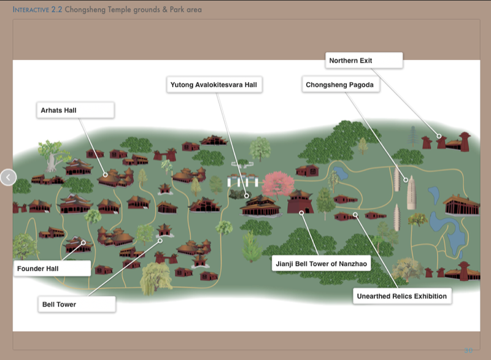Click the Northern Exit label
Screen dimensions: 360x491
pyautogui.click(x=363, y=61)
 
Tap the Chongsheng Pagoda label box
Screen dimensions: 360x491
pyautogui.click(x=341, y=85)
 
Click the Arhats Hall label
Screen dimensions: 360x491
pyautogui.click(x=75, y=110)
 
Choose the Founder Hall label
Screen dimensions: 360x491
pyautogui.click(x=52, y=268)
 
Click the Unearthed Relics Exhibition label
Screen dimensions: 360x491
pyautogui.click(x=402, y=296)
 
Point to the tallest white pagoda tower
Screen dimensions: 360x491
pyautogui.click(x=410, y=193)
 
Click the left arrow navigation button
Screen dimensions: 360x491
pyautogui.click(x=8, y=178)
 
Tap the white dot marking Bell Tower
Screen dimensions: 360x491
pyautogui.click(x=160, y=240)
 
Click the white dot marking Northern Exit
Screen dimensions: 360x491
pyautogui.click(x=439, y=136)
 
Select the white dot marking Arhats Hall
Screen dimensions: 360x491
pyautogui.click(x=106, y=174)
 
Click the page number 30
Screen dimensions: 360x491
pyautogui.click(x=468, y=351)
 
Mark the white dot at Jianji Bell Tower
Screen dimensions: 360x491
pyautogui.click(x=301, y=213)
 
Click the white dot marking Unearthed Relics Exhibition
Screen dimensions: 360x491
pyautogui.click(x=355, y=215)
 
